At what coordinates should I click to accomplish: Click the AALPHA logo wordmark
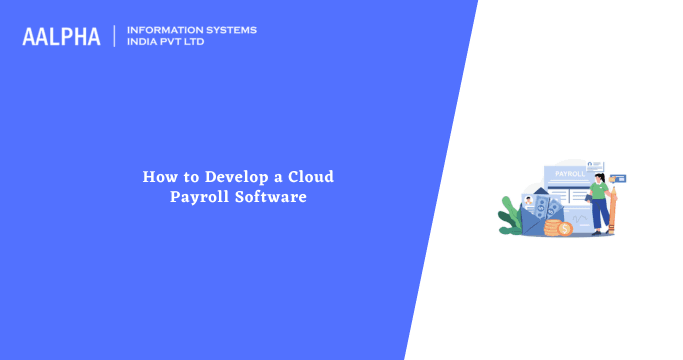61,37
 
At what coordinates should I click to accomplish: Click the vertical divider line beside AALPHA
115,36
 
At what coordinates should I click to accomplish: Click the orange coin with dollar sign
564,230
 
